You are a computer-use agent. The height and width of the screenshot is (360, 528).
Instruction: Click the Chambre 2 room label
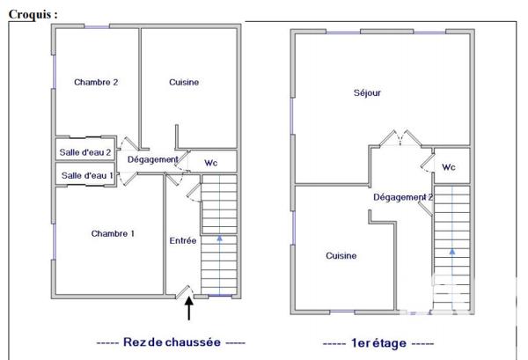click(96, 83)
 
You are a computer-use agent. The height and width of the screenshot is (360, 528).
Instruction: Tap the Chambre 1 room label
click(113, 234)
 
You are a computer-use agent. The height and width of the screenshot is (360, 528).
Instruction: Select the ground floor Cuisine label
click(185, 83)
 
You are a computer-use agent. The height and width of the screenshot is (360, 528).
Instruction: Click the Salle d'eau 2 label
click(85, 152)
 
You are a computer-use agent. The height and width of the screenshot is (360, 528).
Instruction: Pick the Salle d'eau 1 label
click(86, 176)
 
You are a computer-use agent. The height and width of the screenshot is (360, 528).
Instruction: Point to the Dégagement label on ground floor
click(153, 159)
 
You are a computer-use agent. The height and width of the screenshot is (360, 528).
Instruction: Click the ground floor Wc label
click(211, 163)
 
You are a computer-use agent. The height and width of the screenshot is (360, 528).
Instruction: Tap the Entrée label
click(182, 240)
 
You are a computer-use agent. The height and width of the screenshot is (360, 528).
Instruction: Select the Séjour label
click(367, 92)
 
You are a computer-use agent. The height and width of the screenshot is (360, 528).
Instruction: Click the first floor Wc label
click(449, 167)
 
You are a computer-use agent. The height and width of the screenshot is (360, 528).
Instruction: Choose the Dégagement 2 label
click(403, 198)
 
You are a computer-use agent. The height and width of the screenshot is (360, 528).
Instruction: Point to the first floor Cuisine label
click(341, 256)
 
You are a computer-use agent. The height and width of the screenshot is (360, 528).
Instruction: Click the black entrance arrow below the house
click(188, 309)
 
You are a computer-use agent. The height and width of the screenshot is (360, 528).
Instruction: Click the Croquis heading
click(34, 15)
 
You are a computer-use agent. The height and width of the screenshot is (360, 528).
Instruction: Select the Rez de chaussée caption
click(171, 342)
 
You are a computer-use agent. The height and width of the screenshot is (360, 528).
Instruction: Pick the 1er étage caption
click(378, 342)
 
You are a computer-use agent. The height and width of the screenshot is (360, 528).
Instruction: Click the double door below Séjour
click(400, 139)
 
